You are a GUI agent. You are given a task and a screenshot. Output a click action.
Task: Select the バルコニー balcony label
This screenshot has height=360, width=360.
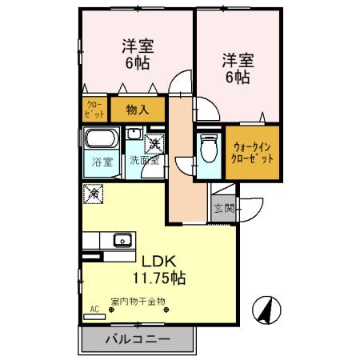pos(137,339)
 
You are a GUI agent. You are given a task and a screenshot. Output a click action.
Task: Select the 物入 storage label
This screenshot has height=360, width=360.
pos(138,108)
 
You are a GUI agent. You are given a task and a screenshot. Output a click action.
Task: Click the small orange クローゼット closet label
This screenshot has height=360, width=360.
pos(94,108)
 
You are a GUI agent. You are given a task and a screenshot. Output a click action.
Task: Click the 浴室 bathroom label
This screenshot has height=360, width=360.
pos(102,160)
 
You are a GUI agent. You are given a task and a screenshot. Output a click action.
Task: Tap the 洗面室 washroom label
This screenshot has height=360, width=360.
pos(145,160)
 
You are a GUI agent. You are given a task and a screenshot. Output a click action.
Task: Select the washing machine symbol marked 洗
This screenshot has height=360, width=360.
pos(153,143)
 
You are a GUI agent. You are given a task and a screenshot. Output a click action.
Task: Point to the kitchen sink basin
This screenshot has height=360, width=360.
pos(122,238)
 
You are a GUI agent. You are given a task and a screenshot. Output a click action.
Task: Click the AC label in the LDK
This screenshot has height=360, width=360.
pos(94,307)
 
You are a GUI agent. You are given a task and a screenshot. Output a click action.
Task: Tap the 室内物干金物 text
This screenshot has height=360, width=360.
pos(138,301)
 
